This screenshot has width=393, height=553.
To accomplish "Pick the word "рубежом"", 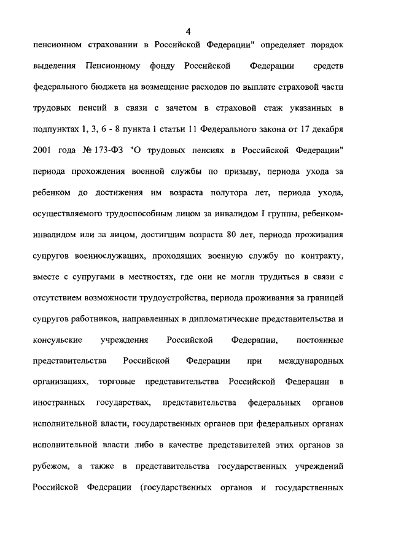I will click(49, 466).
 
